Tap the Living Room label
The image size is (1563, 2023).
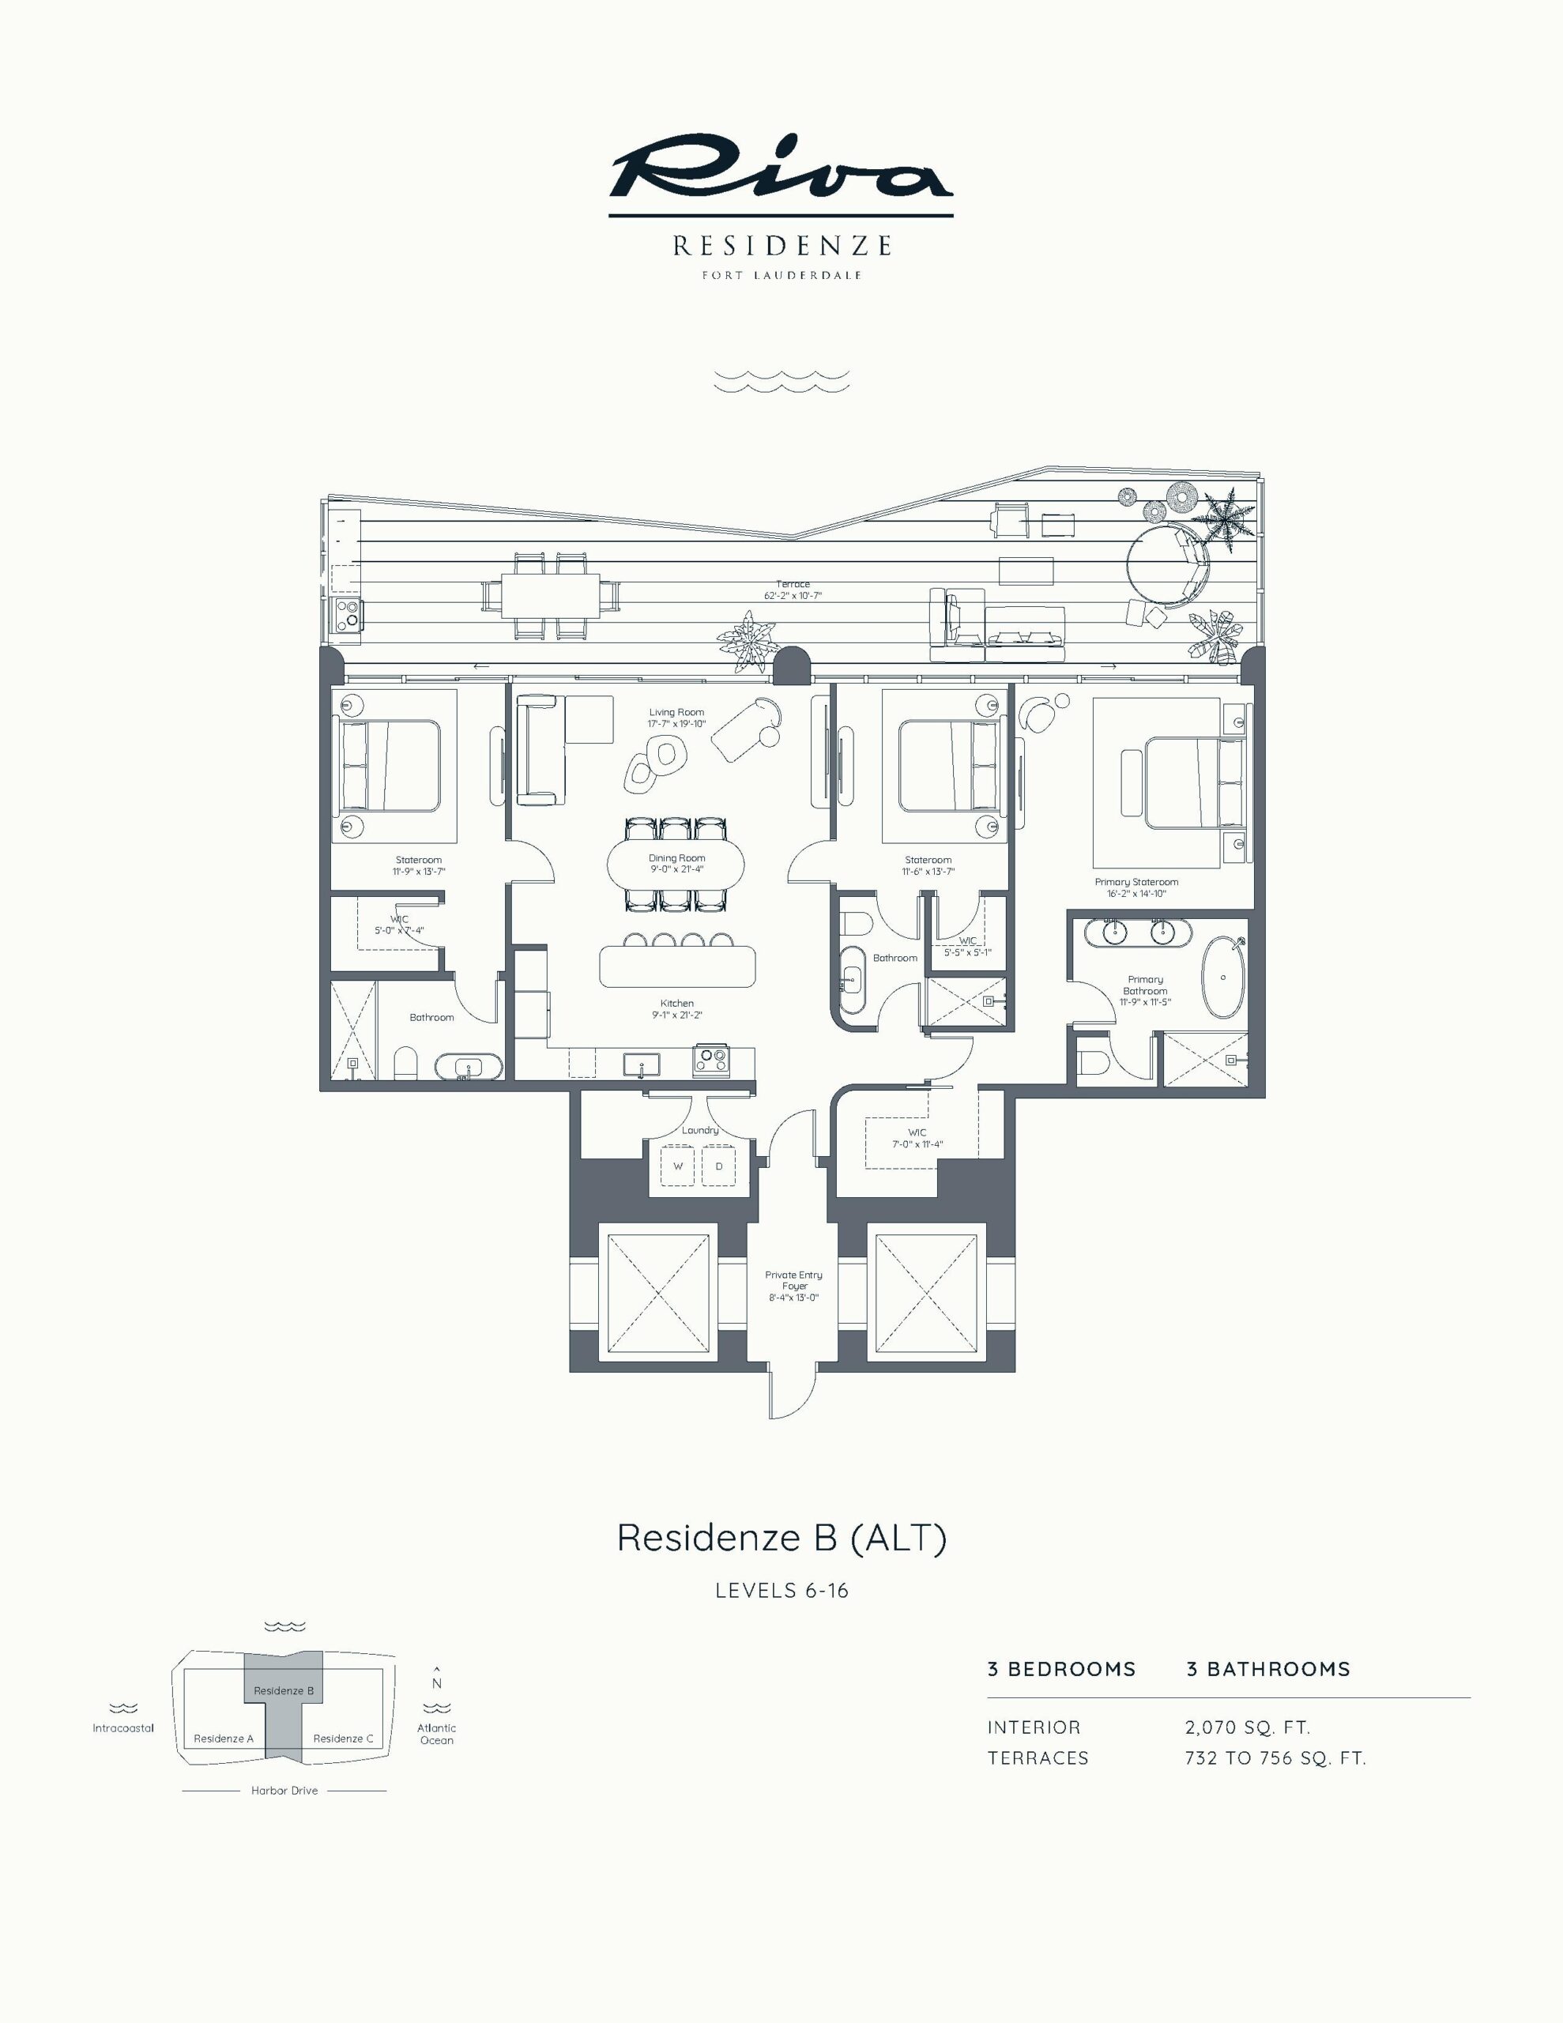[676, 712]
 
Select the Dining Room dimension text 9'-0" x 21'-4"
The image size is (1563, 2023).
[676, 868]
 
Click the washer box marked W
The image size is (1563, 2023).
[678, 1166]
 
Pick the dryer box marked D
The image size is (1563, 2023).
[719, 1166]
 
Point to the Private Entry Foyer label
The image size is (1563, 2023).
[794, 1280]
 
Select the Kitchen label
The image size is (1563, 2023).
[677, 1003]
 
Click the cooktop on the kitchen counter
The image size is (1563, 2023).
[710, 1060]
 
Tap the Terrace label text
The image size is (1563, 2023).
[793, 585]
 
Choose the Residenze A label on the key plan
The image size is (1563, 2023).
[224, 1739]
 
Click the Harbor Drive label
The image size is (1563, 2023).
[284, 1791]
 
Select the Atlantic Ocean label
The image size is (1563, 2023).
[436, 1734]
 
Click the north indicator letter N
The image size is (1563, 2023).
[436, 1684]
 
